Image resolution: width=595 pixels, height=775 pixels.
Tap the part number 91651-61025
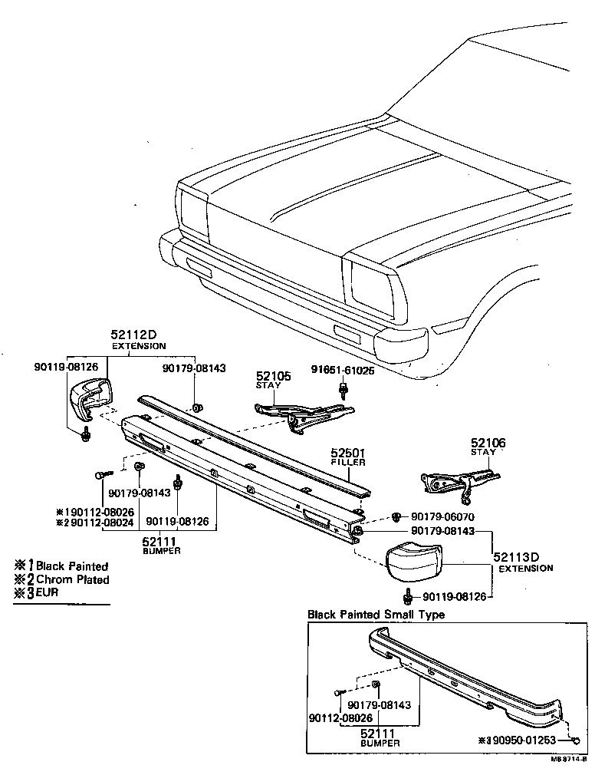click(x=343, y=370)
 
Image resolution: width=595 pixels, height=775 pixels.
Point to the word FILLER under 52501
click(x=348, y=463)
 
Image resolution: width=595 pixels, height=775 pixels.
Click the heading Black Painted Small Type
click(x=376, y=614)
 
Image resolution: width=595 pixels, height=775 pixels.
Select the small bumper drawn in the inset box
click(x=468, y=675)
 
